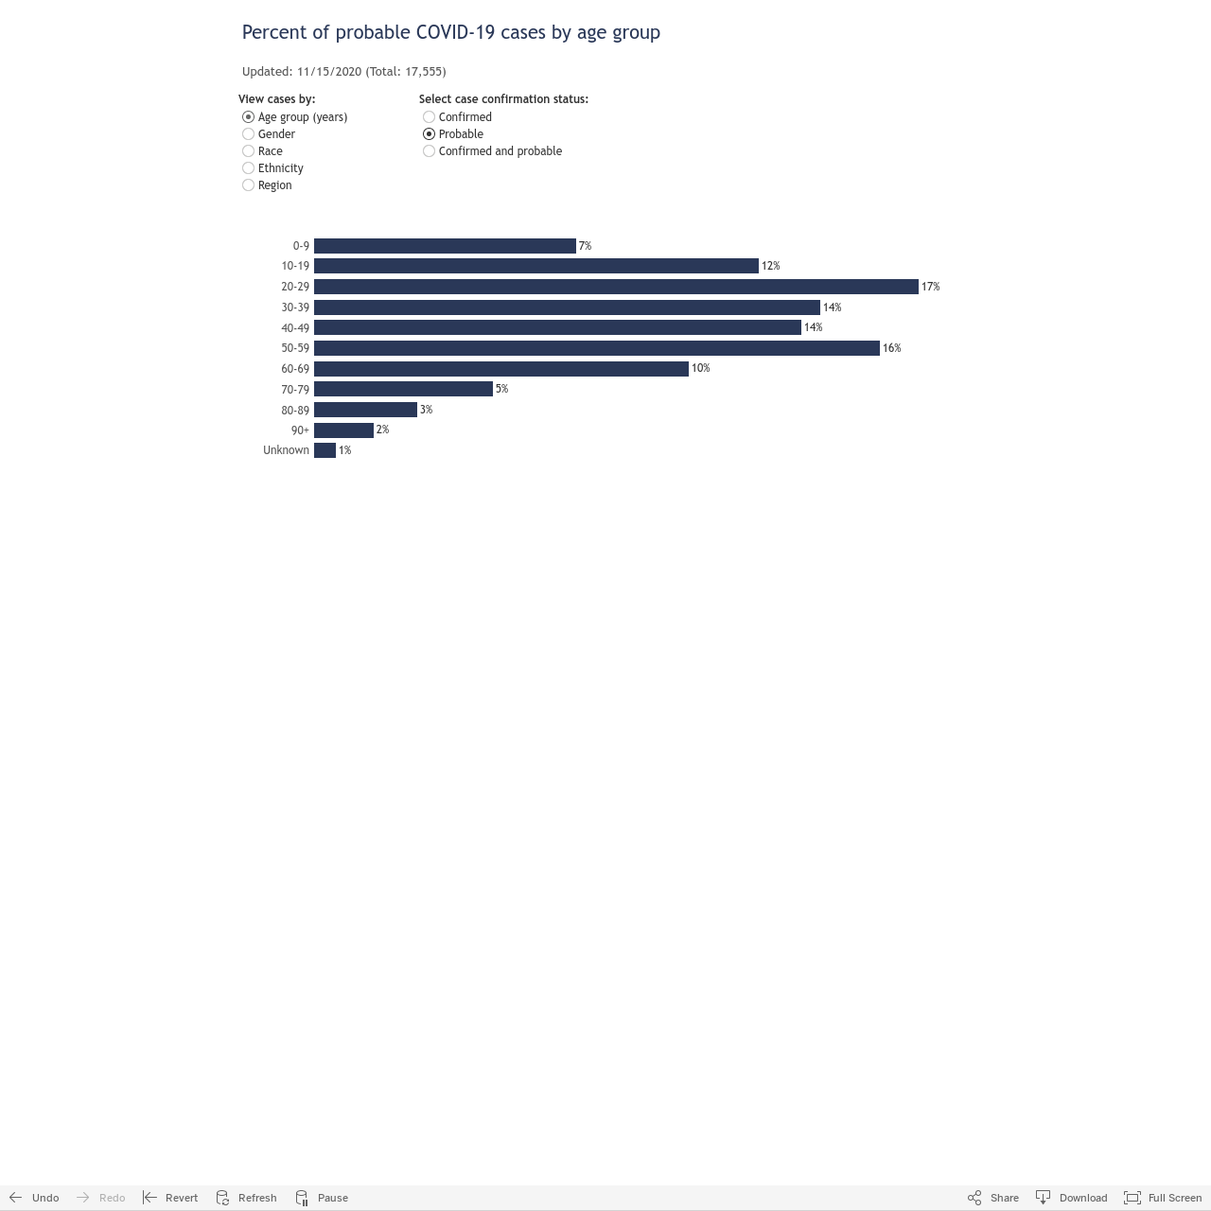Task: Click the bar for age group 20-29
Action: click(x=616, y=287)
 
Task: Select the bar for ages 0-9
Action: click(x=445, y=246)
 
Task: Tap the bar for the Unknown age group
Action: click(x=325, y=450)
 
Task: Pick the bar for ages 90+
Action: click(x=343, y=430)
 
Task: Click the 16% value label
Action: click(x=891, y=348)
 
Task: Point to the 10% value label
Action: click(x=700, y=368)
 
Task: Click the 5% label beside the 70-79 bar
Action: click(x=501, y=389)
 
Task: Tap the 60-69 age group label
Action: click(x=295, y=369)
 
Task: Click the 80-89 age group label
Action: click(x=295, y=411)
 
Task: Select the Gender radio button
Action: click(x=248, y=133)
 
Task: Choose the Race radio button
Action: click(x=248, y=150)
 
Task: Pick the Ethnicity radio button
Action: click(x=248, y=167)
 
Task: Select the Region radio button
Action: click(x=248, y=184)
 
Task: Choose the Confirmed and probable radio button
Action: click(x=429, y=150)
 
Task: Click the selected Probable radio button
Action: click(x=429, y=133)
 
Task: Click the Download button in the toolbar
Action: click(x=1071, y=1197)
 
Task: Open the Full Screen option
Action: click(x=1162, y=1197)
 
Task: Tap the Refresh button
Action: click(x=246, y=1197)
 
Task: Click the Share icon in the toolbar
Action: click(x=974, y=1197)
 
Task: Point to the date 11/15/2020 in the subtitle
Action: click(x=329, y=72)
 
